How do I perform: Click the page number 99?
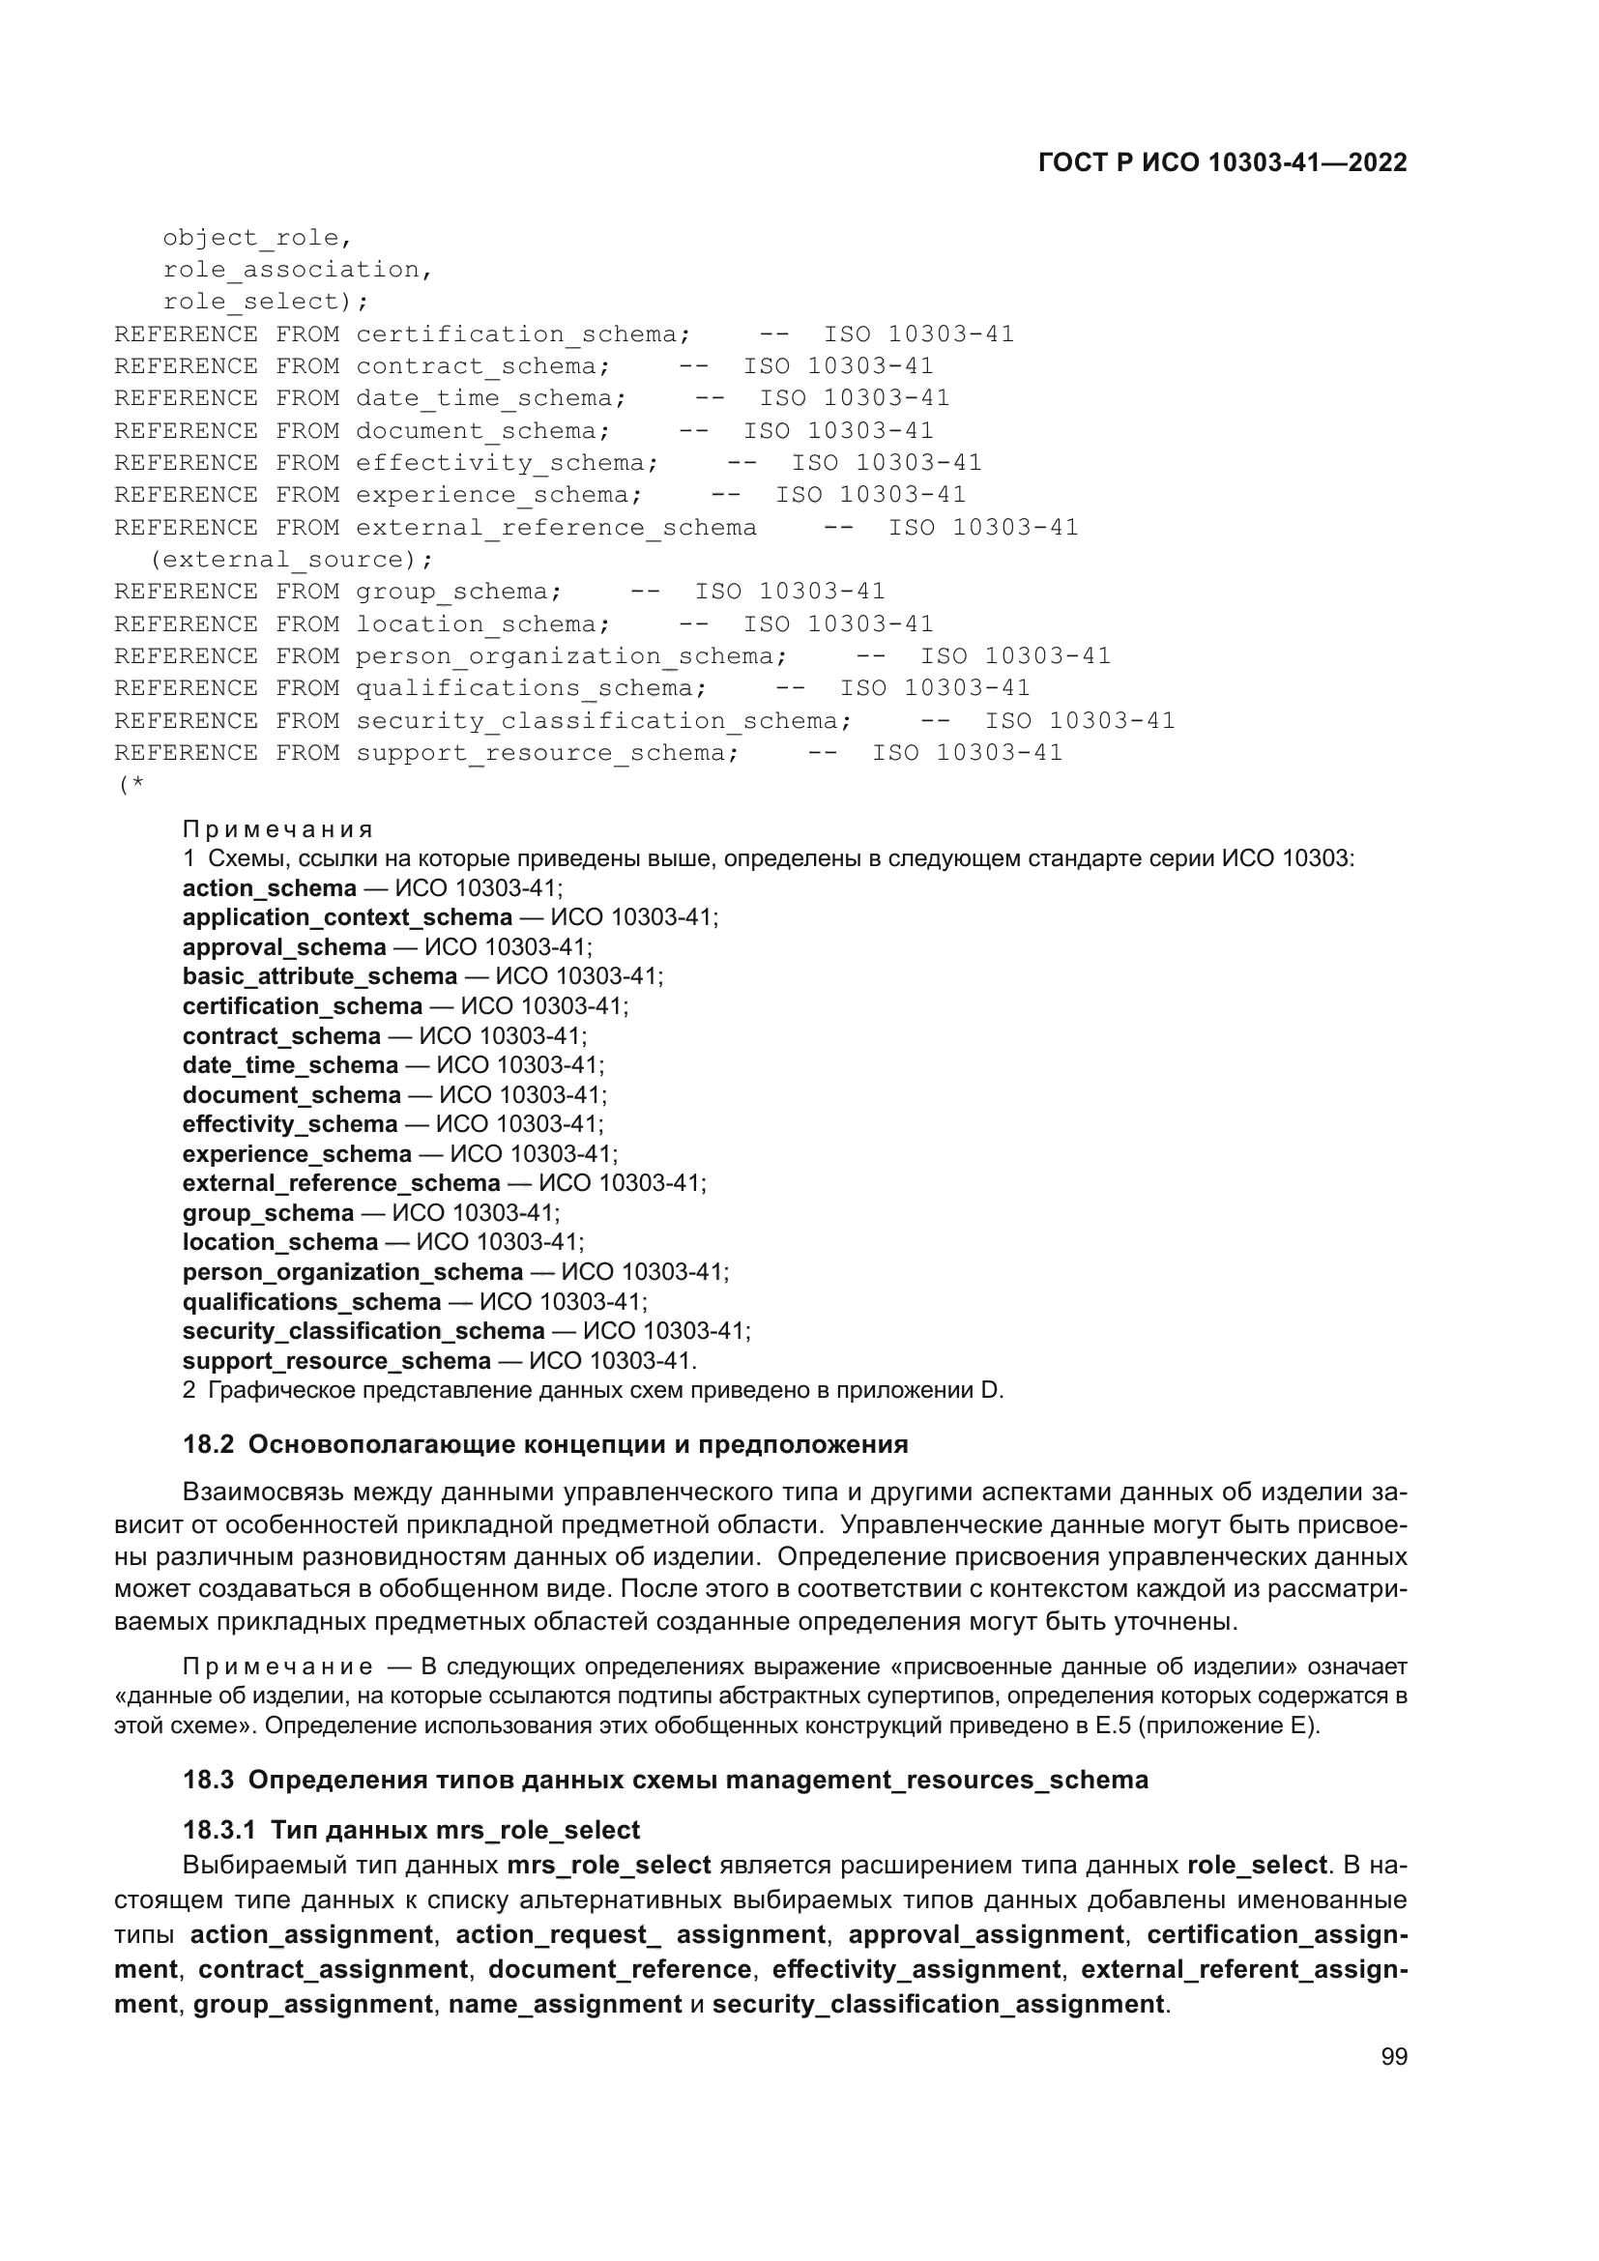[1393, 2057]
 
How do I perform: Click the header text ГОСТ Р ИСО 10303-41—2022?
[1222, 163]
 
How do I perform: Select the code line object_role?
[257, 238]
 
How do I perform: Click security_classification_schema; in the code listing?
[603, 721]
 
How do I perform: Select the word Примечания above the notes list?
[277, 829]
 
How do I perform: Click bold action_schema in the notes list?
[269, 888]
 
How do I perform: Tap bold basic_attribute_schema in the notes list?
[319, 976]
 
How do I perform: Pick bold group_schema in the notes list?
[268, 1212]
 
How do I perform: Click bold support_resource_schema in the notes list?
[335, 1360]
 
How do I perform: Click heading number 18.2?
[208, 1444]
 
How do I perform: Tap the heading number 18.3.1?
[218, 1830]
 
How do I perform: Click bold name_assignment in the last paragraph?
[565, 2004]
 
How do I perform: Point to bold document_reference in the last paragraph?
[620, 1969]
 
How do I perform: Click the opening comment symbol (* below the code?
[131, 785]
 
